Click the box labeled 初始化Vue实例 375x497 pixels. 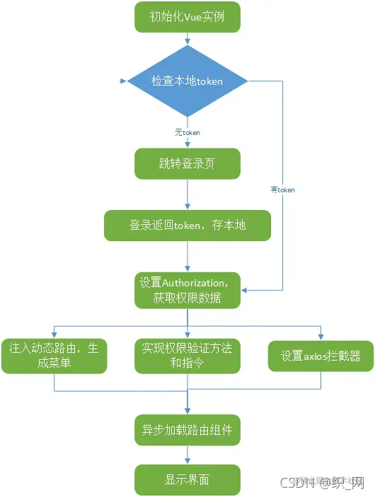[187, 17]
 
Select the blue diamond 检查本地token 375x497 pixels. [187, 81]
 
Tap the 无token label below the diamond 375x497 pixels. [187, 132]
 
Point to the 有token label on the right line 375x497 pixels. [282, 189]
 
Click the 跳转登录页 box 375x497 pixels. [187, 164]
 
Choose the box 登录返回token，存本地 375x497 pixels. [187, 225]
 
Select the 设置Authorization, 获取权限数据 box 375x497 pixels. [187, 290]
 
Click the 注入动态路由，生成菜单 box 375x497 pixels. [54, 356]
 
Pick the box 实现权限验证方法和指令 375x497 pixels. [187, 356]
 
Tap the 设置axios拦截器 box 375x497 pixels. [321, 356]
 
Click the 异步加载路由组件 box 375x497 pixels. [187, 427]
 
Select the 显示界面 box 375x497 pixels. [187, 479]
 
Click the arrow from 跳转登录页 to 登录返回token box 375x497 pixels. [187, 194]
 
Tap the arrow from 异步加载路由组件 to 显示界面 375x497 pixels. [187, 452]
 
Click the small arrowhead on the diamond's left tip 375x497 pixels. [130, 81]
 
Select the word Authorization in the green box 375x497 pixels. [200, 282]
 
